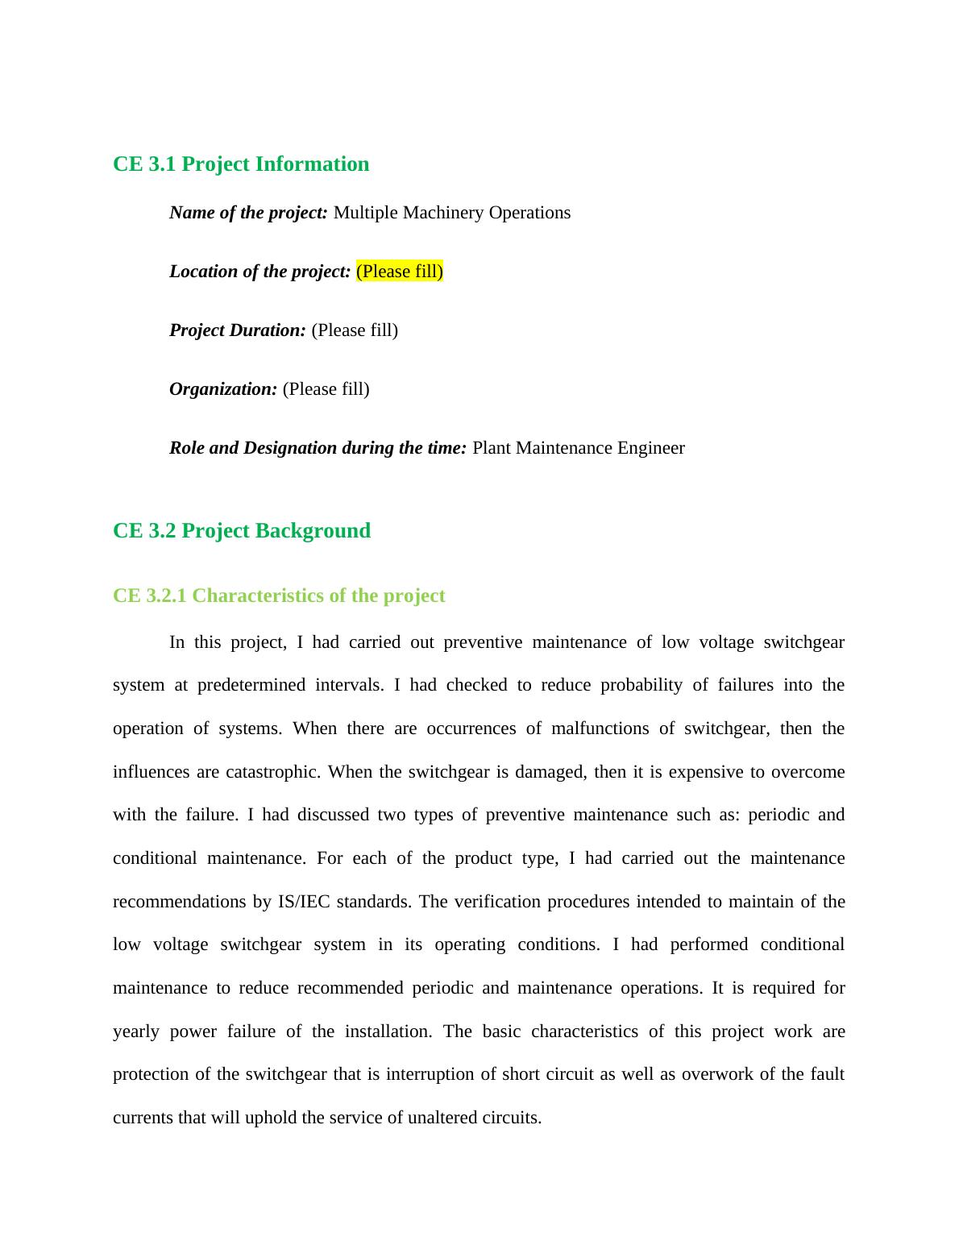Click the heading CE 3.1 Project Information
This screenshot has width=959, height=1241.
[x=241, y=164]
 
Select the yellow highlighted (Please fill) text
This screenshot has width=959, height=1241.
[x=400, y=272]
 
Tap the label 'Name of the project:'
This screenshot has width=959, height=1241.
[x=248, y=213]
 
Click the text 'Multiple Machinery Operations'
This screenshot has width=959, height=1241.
[x=451, y=213]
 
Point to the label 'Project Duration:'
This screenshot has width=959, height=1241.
[x=238, y=330]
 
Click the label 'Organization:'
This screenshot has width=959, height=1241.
[x=223, y=389]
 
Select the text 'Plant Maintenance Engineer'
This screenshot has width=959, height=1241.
[x=578, y=448]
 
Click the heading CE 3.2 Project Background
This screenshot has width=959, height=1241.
[x=242, y=530]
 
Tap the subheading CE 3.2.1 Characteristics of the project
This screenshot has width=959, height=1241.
[x=279, y=596]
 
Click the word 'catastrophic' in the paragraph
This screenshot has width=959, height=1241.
[x=273, y=772]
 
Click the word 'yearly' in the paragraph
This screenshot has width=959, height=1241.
[x=136, y=1031]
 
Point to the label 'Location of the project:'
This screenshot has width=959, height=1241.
[x=260, y=272]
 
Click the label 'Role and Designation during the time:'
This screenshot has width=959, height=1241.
[x=318, y=448]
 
